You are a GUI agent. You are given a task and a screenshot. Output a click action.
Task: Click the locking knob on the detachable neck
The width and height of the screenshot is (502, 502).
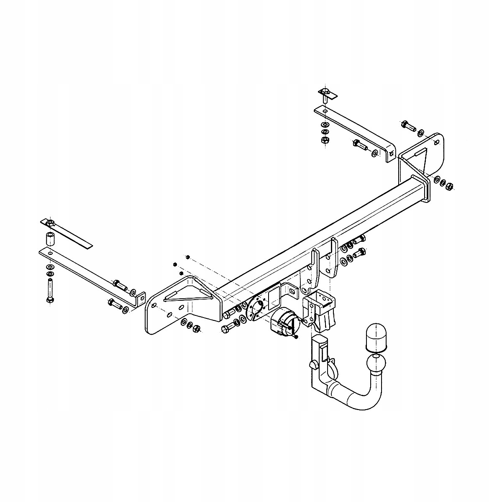[x=313, y=365]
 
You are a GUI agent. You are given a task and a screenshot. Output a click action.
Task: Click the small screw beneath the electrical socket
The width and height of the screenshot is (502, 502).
[x=296, y=337]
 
